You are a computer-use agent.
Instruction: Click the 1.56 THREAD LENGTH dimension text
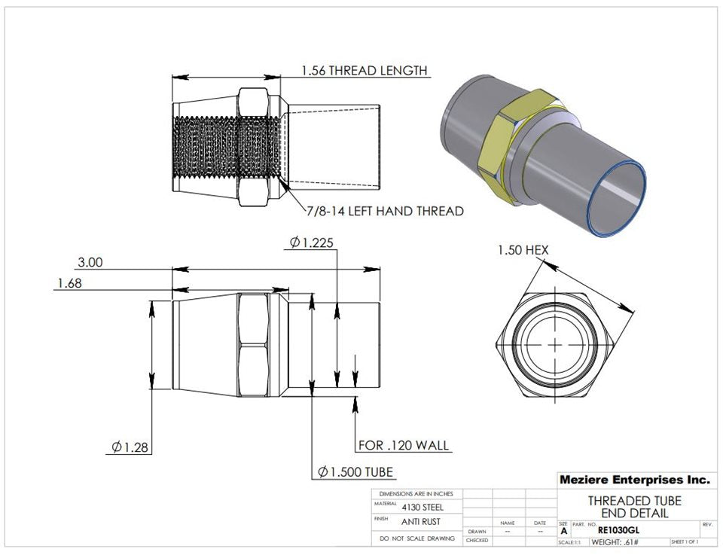(365, 70)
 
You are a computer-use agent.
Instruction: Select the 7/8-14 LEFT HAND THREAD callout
(385, 211)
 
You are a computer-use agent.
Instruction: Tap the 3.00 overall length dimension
(90, 263)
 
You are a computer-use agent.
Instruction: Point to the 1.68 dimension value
(69, 283)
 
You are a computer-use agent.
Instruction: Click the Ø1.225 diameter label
(311, 242)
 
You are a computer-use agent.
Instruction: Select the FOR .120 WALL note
(403, 445)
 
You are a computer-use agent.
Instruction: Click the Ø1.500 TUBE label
(355, 472)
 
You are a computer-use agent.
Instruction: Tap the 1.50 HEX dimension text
(523, 250)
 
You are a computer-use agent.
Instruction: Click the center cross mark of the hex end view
(555, 343)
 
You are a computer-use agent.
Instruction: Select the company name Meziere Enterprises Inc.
(634, 480)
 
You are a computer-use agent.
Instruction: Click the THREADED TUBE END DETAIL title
(634, 507)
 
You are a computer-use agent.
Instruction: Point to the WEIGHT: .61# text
(615, 542)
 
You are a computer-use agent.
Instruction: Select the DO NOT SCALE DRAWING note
(416, 538)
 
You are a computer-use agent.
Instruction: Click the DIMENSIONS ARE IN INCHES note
(416, 493)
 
